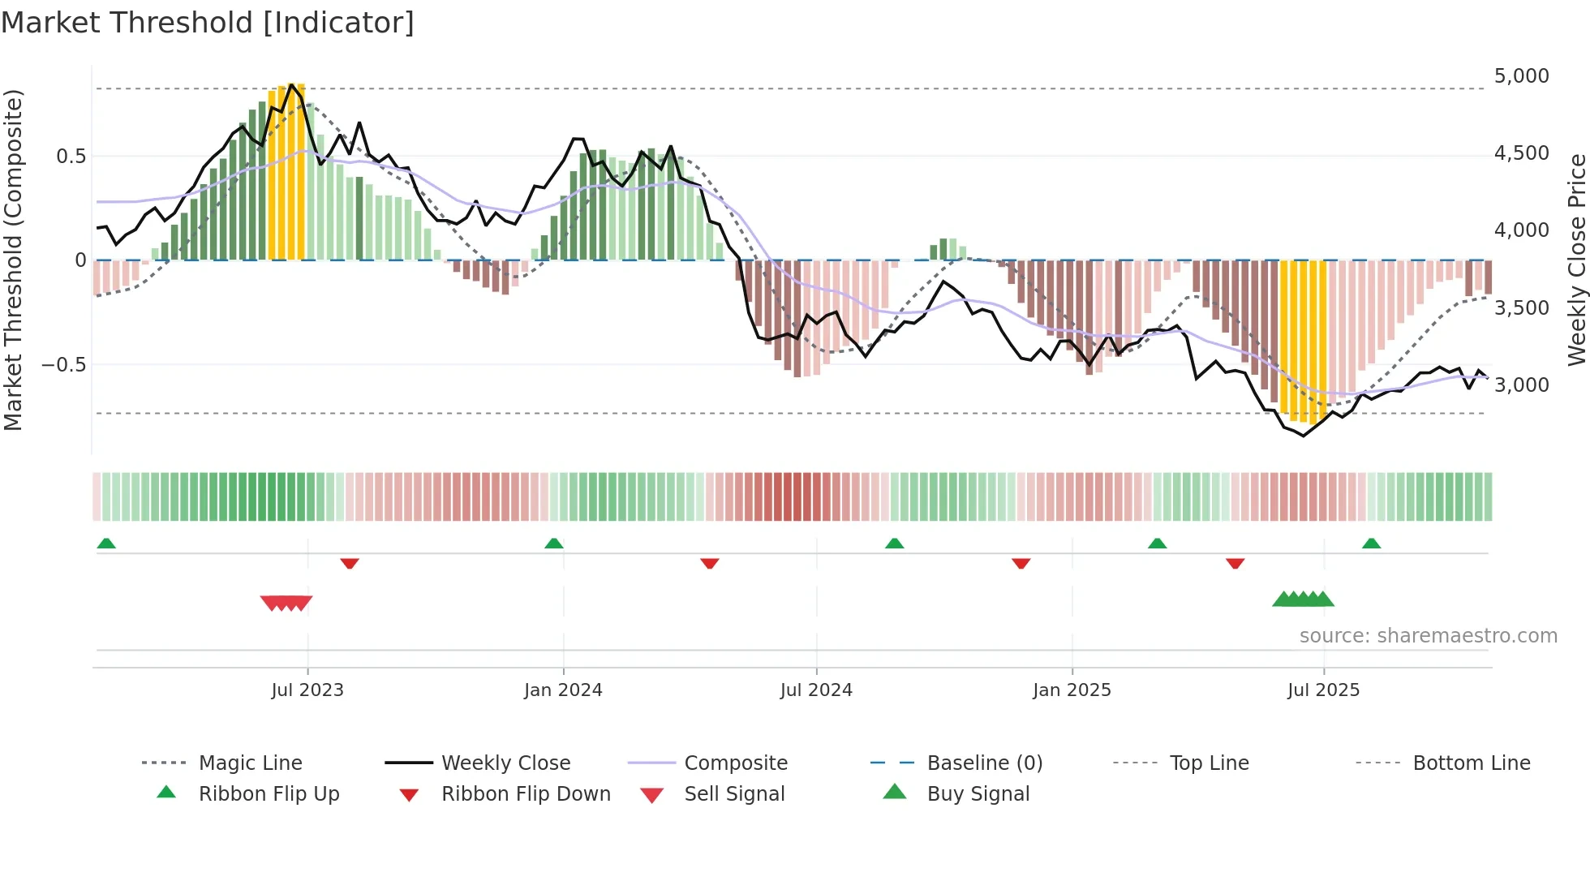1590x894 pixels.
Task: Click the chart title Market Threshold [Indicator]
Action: tap(208, 23)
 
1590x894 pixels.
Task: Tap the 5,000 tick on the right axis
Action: tap(1521, 76)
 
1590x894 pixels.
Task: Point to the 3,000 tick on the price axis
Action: tap(1521, 385)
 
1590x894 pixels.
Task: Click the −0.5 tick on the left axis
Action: tap(63, 365)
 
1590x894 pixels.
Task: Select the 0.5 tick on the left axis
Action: tap(71, 157)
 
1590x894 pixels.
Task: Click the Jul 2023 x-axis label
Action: tap(307, 690)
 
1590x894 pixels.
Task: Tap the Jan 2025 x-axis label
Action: tap(1072, 690)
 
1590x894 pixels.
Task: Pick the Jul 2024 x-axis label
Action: tap(816, 690)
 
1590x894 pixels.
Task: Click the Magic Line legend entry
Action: tap(250, 763)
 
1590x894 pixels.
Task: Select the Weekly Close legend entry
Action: tap(505, 763)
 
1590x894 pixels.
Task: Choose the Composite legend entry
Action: tap(736, 763)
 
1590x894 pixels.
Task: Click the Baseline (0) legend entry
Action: tap(984, 763)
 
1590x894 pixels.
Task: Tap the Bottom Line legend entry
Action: tap(1471, 763)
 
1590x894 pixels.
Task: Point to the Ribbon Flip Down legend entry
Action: tap(526, 794)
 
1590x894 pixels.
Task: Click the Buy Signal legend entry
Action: tap(978, 794)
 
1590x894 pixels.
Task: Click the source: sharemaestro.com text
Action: tap(1428, 636)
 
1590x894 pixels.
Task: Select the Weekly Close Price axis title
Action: tap(1576, 260)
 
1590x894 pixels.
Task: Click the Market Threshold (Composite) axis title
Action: tap(13, 260)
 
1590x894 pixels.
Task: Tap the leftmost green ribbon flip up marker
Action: tap(106, 544)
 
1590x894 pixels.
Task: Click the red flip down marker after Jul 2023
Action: tap(350, 563)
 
